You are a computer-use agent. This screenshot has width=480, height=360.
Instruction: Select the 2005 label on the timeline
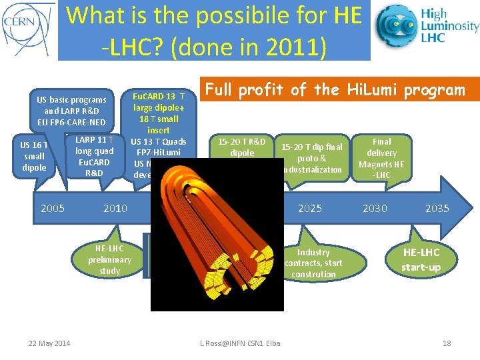53,208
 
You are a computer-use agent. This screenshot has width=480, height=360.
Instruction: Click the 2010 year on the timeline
115,208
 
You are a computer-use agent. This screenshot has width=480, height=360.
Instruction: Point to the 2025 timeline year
309,208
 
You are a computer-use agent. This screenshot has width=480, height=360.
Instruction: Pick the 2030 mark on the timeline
375,208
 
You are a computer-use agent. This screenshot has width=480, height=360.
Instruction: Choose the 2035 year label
437,208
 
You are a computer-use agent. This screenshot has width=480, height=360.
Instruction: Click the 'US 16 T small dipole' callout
34,156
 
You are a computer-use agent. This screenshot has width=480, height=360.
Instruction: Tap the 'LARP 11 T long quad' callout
94,156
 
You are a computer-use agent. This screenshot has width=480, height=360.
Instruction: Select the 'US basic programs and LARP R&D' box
71,111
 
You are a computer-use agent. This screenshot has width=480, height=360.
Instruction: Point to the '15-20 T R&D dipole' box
242,147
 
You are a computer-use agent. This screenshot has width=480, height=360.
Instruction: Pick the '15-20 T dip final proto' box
311,158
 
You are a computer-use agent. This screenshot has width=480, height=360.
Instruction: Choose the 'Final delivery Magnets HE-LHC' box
382,158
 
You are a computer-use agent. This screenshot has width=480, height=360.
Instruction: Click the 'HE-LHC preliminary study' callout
109,259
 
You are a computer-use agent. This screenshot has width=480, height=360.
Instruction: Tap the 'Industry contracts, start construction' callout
313,263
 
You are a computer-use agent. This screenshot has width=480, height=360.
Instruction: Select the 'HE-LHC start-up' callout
421,260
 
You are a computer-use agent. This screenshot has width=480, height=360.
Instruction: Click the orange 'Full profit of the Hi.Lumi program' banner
340,89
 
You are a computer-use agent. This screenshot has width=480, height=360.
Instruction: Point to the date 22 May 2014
49,343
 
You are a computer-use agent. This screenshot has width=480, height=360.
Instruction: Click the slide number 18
447,343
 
